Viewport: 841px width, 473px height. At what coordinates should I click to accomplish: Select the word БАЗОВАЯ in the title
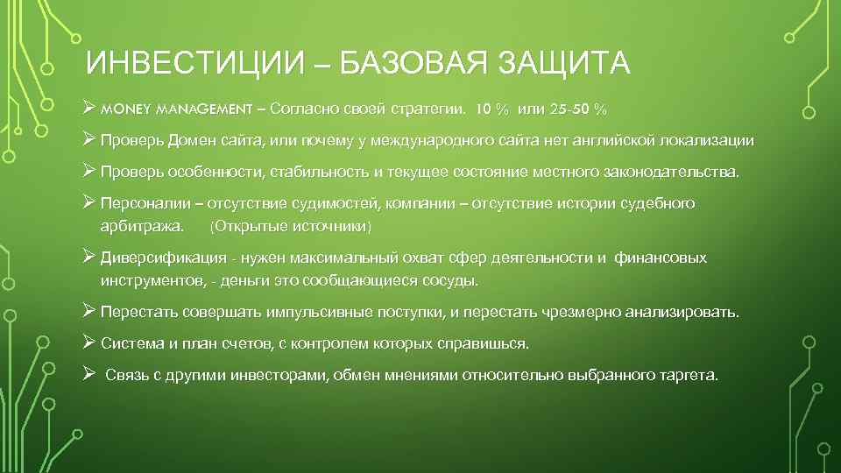[x=403, y=66]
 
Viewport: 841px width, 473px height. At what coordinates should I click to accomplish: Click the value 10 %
[x=491, y=110]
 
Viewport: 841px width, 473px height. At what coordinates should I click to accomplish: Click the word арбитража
[x=143, y=227]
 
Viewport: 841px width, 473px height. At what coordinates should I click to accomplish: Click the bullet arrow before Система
[x=88, y=342]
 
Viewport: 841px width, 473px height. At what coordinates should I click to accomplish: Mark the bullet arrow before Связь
[x=88, y=374]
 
